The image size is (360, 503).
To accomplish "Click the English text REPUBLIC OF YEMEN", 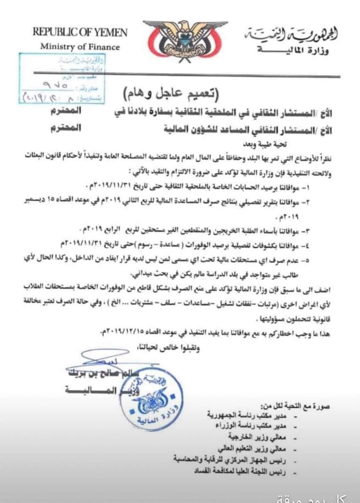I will (80, 32).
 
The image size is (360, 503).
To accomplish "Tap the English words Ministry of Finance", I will (80, 47).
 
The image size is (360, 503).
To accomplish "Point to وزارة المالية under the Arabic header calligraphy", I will (293, 51).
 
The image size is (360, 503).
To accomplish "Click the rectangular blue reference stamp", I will (61, 78).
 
